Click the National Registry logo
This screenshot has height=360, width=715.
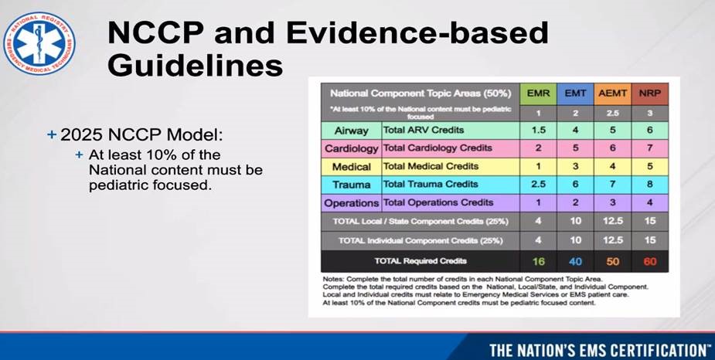point(39,43)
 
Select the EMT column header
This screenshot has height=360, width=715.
point(576,93)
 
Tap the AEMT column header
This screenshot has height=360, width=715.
point(613,93)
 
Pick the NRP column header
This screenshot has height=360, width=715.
point(650,93)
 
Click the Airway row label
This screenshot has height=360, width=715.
point(350,131)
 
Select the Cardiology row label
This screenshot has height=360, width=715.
point(350,148)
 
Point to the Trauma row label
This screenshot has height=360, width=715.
point(350,185)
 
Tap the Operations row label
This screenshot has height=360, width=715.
point(350,203)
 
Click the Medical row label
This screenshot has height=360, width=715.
point(350,167)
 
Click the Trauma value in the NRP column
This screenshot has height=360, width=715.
point(650,185)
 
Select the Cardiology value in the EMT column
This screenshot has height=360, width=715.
point(576,148)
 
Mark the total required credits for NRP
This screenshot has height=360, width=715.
point(650,261)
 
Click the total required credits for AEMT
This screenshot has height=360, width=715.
point(613,261)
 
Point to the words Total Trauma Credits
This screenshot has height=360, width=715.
point(431,185)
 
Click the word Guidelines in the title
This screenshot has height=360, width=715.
point(195,65)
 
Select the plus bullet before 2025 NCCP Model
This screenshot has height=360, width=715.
point(52,134)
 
